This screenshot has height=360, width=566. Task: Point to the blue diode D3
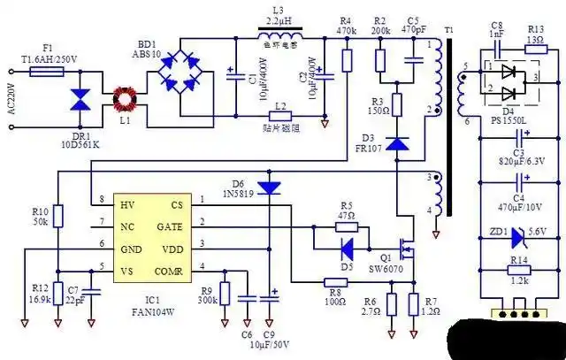[x=397, y=142]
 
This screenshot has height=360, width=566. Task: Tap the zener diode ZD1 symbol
[x=518, y=235]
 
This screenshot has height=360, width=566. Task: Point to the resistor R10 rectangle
[x=57, y=216]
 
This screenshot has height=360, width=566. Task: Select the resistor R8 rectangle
[x=333, y=283]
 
